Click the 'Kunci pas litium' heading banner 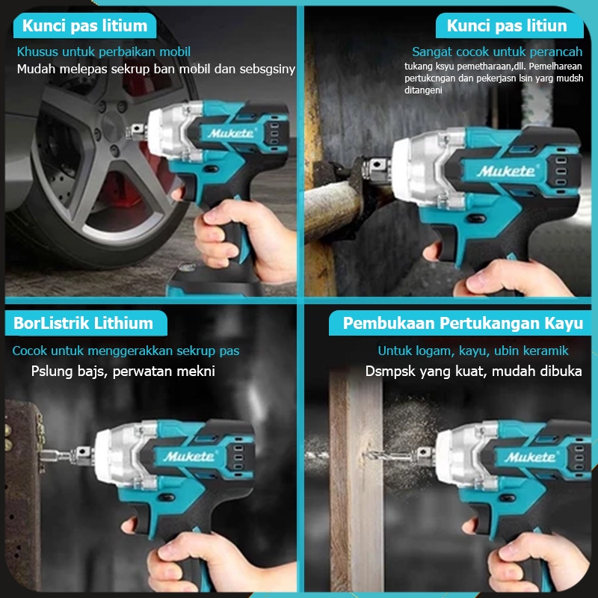84,27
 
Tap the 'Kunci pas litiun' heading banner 506,27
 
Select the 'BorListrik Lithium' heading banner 83,323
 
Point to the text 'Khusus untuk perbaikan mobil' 104,52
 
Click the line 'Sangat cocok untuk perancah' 496,52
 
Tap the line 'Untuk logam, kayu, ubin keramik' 472,350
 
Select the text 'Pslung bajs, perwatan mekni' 123,371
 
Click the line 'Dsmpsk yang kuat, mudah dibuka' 473,371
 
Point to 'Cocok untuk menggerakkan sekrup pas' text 126,350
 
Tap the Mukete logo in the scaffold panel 507,171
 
